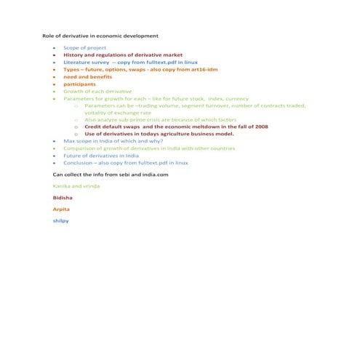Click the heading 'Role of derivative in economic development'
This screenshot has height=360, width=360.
click(100, 35)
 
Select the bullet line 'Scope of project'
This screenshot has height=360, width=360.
click(84, 47)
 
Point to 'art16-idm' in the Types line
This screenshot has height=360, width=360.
click(202, 69)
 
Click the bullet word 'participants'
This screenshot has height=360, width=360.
click(82, 84)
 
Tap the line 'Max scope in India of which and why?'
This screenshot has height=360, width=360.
click(113, 140)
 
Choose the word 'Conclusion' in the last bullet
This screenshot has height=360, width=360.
click(78, 162)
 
